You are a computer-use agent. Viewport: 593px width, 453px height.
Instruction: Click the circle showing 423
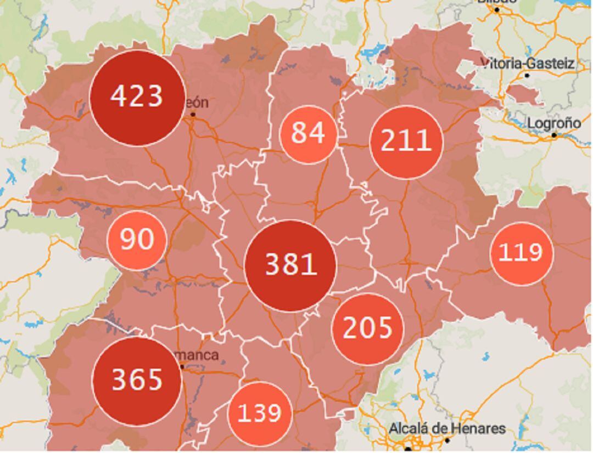click(137, 98)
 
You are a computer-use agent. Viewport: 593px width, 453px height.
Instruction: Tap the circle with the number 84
click(308, 134)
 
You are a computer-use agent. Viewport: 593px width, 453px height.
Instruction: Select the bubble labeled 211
click(406, 141)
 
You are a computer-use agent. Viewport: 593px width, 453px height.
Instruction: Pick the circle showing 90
click(137, 240)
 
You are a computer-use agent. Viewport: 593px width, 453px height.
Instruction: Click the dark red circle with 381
click(290, 265)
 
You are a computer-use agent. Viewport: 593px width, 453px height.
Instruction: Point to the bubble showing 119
click(520, 253)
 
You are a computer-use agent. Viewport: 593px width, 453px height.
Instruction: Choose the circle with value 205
click(368, 329)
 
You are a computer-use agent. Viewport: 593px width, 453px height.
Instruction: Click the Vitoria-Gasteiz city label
click(528, 64)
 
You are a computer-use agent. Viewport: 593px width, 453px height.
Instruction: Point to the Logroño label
click(553, 123)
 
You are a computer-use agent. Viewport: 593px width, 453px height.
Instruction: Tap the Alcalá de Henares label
click(447, 428)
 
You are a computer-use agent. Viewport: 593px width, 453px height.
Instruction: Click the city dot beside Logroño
click(554, 135)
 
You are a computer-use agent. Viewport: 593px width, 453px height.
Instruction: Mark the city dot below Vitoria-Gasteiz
click(527, 75)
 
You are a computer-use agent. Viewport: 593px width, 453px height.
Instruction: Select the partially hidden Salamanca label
click(197, 355)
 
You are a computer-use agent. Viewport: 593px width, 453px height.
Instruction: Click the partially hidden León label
click(197, 103)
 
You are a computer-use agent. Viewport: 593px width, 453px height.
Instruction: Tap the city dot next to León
click(193, 115)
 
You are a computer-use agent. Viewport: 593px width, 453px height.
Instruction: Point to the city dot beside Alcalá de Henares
click(447, 440)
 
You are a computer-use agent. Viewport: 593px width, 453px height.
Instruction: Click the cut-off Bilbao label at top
click(497, 2)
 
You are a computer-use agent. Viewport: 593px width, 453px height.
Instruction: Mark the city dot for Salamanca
click(182, 366)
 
